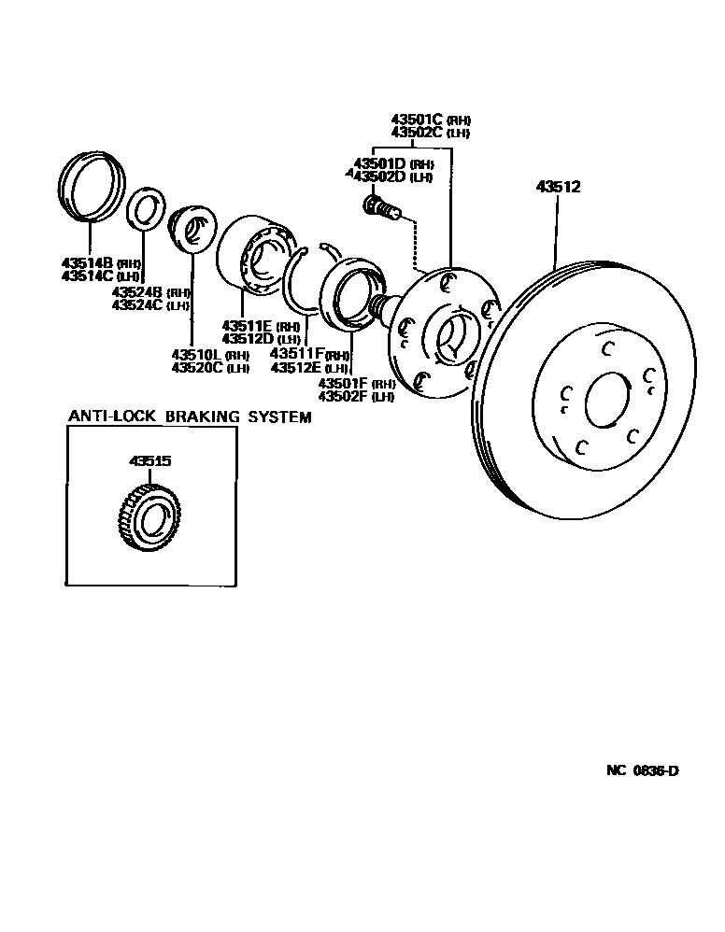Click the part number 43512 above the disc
click(x=558, y=187)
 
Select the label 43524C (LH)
click(x=149, y=305)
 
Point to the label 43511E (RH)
click(x=261, y=326)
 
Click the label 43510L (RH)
click(x=210, y=355)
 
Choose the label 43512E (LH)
click(x=309, y=368)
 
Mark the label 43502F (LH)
click(x=356, y=397)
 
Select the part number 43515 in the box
click(x=149, y=461)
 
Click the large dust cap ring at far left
click(x=91, y=190)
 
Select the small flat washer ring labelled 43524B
click(x=145, y=208)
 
